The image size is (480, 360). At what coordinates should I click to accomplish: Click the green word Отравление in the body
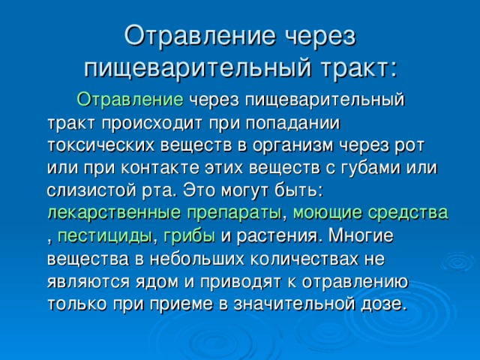(130, 100)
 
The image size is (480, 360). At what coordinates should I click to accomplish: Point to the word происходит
(151, 124)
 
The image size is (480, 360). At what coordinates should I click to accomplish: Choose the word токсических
(102, 145)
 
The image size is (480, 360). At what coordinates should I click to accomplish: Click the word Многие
(361, 235)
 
